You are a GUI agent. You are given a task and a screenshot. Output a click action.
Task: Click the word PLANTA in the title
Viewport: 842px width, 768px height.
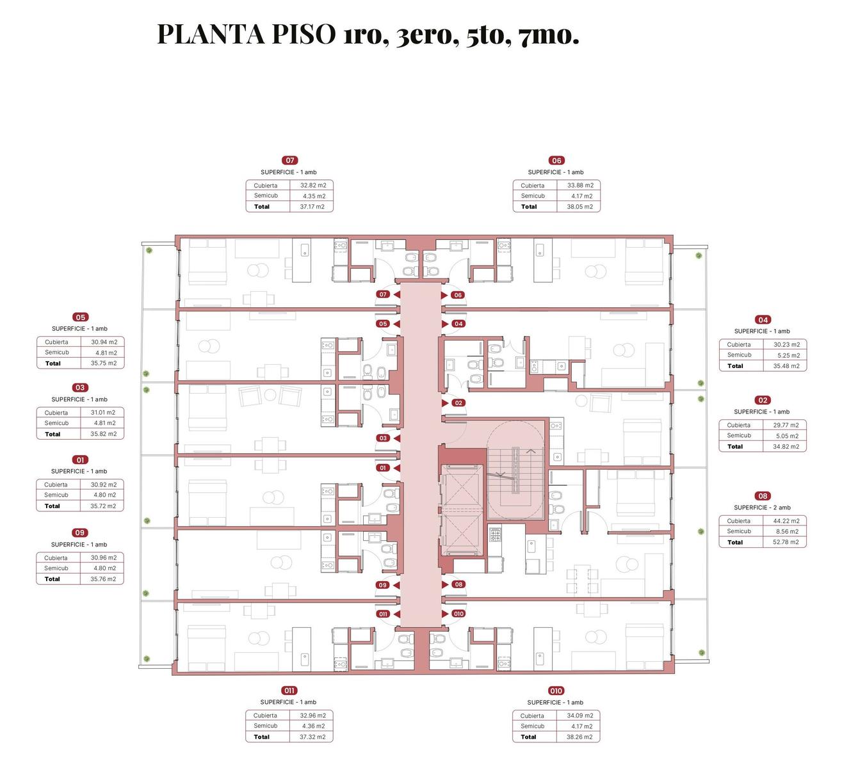pyautogui.click(x=211, y=34)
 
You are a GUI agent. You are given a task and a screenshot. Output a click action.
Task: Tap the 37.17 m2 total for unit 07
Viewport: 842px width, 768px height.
pyautogui.click(x=312, y=207)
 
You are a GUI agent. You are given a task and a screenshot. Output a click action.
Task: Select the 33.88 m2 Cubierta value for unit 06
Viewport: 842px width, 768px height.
pyautogui.click(x=580, y=185)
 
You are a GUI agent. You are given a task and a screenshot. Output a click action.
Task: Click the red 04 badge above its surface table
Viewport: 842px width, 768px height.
pyautogui.click(x=763, y=320)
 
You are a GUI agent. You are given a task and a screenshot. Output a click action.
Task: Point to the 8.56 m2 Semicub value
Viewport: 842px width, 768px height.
pyautogui.click(x=787, y=531)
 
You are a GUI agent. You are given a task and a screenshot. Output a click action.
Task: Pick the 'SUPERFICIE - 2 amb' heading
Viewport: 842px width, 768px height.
pyautogui.click(x=762, y=508)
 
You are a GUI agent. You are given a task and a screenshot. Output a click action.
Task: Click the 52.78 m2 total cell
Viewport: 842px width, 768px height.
pyautogui.click(x=786, y=542)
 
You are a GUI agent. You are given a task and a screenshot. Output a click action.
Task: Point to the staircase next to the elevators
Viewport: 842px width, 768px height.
pyautogui.click(x=515, y=470)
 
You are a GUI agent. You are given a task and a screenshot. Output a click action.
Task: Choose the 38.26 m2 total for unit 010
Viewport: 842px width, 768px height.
pyautogui.click(x=579, y=737)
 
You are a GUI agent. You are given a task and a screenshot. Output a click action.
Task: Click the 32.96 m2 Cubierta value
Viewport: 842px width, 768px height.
pyautogui.click(x=312, y=716)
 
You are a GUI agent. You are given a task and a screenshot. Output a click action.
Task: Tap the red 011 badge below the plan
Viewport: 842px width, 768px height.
pyautogui.click(x=289, y=691)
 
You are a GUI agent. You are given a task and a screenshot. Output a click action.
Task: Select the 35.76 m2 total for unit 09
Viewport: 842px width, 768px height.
pyautogui.click(x=103, y=579)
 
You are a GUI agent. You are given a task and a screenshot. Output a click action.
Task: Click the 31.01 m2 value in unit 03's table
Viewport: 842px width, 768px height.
pyautogui.click(x=103, y=413)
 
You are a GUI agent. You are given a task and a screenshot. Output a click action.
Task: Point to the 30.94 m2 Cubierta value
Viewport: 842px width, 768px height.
pyautogui.click(x=104, y=342)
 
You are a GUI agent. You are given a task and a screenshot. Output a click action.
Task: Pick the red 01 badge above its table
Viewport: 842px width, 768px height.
pyautogui.click(x=80, y=460)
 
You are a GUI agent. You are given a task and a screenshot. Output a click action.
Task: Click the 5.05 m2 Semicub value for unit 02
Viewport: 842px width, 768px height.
pyautogui.click(x=787, y=436)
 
